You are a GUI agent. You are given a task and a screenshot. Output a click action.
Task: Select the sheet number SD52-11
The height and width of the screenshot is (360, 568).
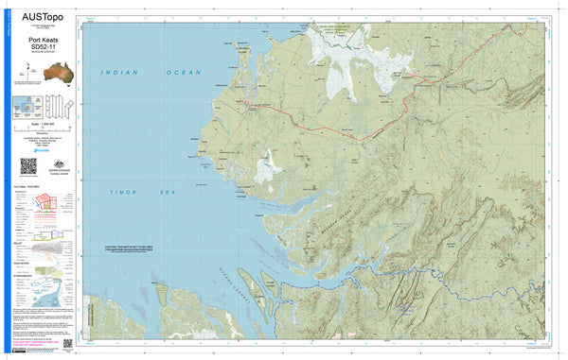[42, 47]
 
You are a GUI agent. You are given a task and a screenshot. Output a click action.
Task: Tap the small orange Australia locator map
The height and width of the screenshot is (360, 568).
[42, 71]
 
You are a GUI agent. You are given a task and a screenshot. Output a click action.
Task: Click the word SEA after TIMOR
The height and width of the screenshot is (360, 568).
[169, 192]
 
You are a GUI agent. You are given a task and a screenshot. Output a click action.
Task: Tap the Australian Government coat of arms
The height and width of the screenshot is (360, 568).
[53, 163]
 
